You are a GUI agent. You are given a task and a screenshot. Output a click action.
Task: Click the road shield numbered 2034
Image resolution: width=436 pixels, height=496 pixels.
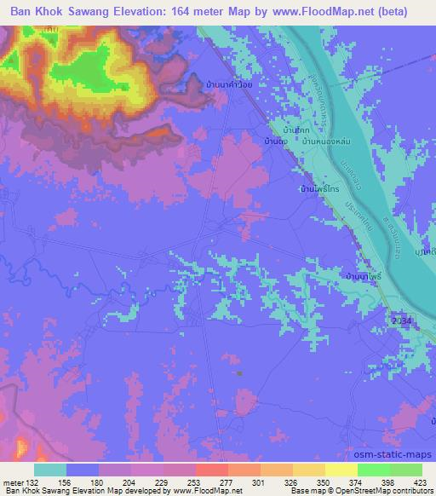(403, 320)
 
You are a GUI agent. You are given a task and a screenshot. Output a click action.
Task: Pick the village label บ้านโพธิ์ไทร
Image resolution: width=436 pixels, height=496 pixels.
(318, 190)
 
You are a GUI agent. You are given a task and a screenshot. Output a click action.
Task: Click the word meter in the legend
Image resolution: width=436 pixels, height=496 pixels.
(13, 482)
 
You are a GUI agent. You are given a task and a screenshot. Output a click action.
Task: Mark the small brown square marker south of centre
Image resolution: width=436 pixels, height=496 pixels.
(240, 372)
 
